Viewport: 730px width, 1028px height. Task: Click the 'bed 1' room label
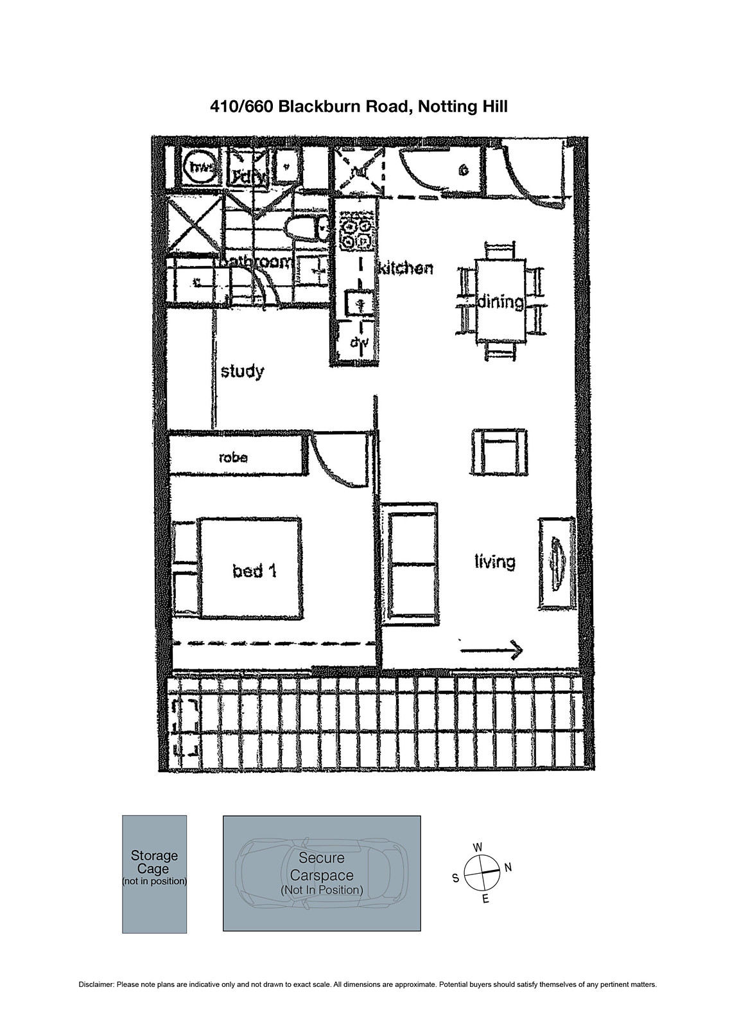(254, 570)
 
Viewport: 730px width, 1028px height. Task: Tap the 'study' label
(242, 371)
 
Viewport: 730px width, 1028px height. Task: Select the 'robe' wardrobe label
(233, 457)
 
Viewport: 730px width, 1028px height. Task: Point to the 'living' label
(494, 562)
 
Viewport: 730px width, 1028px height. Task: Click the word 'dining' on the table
(500, 301)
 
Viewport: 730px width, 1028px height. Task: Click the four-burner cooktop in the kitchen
(356, 234)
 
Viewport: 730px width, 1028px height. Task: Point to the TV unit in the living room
(555, 562)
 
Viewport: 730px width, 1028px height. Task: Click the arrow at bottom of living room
(492, 650)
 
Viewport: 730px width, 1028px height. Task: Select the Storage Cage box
(154, 874)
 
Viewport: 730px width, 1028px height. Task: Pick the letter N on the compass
(508, 867)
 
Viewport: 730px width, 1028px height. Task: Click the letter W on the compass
(478, 847)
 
